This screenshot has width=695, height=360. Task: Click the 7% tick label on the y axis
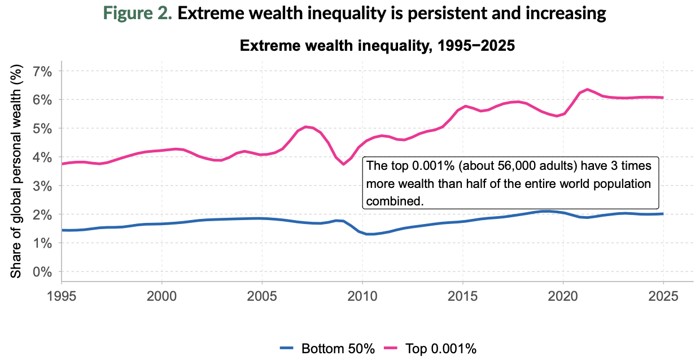[x=41, y=71]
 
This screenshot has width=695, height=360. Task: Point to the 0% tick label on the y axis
[x=41, y=271]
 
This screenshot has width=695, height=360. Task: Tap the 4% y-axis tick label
[x=41, y=157]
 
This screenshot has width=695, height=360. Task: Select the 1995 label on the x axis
[x=62, y=296]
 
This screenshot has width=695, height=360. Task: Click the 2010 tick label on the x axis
[x=362, y=296]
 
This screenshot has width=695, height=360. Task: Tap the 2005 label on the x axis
[x=262, y=296]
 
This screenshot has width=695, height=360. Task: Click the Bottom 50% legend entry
[x=327, y=348]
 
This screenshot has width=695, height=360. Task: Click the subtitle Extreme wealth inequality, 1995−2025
[x=378, y=46]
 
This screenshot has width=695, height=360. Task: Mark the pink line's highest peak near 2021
[x=587, y=89]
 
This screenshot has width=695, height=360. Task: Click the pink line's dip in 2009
[x=343, y=164]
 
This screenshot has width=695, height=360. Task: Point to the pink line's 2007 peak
[x=305, y=126]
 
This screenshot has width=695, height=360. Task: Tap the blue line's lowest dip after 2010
[x=370, y=234]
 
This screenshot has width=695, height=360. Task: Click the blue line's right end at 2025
[x=663, y=214]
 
